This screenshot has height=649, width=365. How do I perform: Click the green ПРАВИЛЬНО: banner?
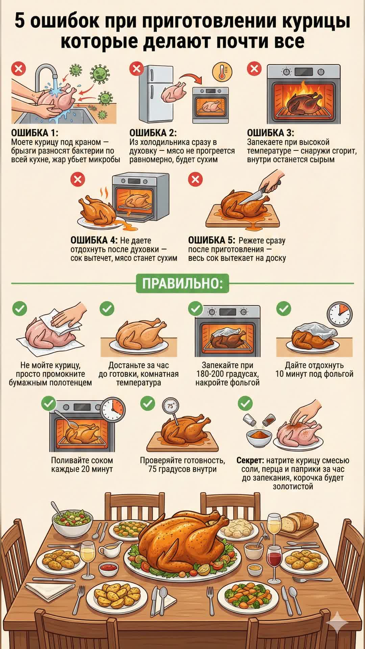click(182, 283)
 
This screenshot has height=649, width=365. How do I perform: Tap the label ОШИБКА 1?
click(34, 133)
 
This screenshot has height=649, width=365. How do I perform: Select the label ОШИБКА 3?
click(270, 133)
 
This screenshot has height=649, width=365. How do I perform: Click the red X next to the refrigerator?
click(137, 69)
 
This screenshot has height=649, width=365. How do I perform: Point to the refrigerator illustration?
click(156, 94)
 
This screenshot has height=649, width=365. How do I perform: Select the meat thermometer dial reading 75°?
click(170, 406)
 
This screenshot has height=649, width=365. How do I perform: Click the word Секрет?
click(250, 460)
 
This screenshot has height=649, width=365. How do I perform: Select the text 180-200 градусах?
click(227, 374)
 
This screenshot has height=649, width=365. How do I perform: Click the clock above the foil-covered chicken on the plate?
click(340, 315)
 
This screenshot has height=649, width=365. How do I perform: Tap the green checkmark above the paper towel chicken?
click(20, 309)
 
